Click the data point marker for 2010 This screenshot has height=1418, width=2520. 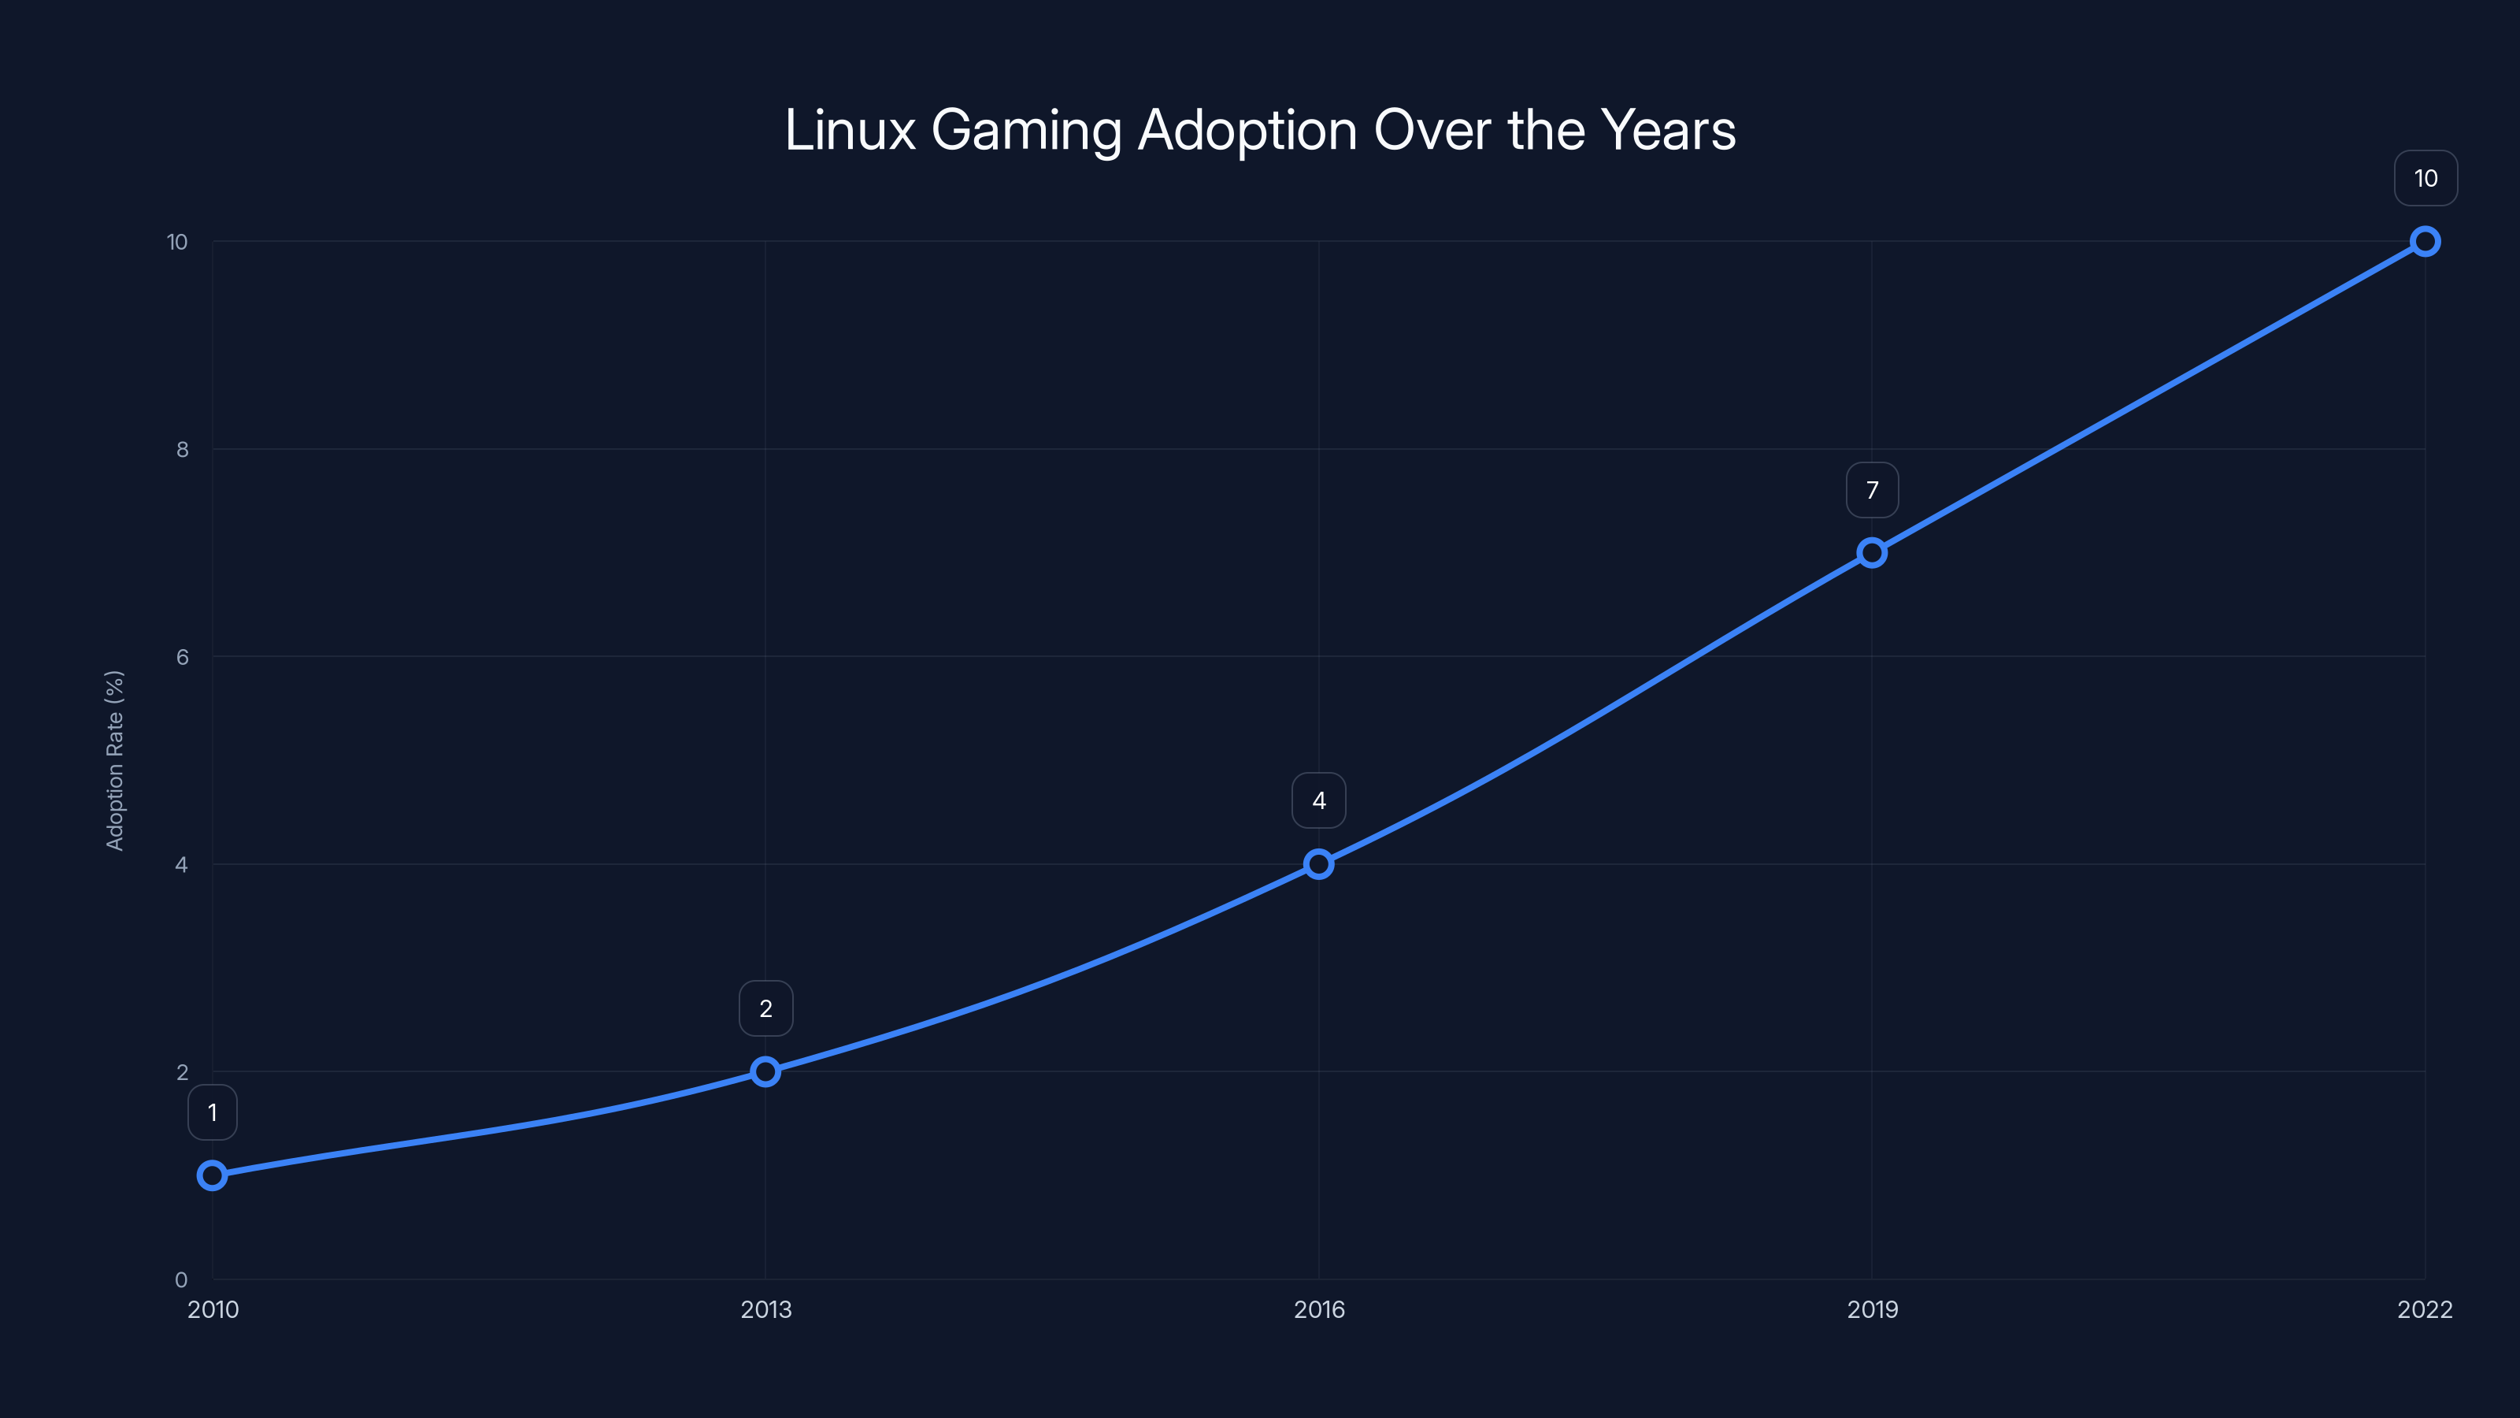pos(213,1175)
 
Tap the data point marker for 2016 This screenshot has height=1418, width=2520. pos(1319,863)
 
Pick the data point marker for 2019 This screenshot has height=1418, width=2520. pos(1871,552)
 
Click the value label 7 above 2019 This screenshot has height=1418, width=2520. pos(1871,489)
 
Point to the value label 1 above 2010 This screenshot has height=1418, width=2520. pos(213,1112)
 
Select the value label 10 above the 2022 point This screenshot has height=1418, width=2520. pos(2425,178)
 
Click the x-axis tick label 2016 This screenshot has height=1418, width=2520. pos(1319,1309)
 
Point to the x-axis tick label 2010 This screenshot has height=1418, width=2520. pos(213,1309)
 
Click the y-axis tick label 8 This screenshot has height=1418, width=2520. pos(182,449)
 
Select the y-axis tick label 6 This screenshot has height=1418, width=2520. pos(182,657)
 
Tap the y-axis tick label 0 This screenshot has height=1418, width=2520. pos(181,1279)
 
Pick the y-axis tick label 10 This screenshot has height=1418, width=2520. pos(177,242)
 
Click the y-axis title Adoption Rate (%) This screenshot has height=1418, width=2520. pos(114,760)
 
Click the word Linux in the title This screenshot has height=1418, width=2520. pos(849,130)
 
